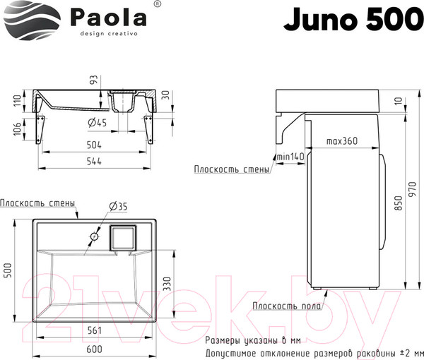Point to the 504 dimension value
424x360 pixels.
[x=95, y=145]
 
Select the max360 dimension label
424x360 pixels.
[x=341, y=141]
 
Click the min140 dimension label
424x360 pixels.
[x=289, y=156]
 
